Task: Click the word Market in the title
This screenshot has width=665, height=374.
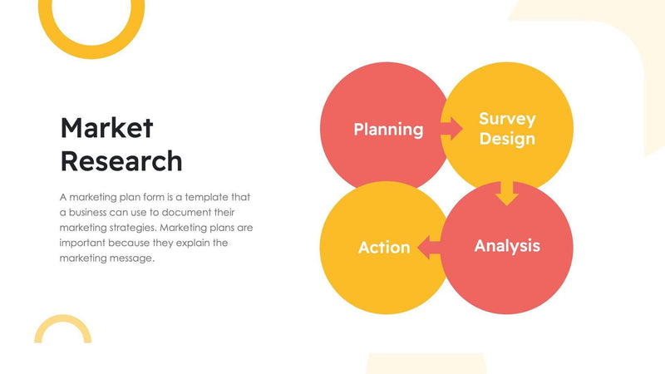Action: (x=106, y=128)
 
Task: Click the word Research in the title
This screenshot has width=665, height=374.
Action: (x=121, y=160)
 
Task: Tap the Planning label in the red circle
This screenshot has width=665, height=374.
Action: (x=388, y=130)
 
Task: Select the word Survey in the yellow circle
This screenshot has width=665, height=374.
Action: (x=507, y=119)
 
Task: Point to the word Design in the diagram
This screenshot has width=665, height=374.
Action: (x=507, y=139)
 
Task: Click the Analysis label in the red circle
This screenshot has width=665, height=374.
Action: (x=507, y=246)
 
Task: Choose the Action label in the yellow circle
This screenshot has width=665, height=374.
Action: (x=384, y=248)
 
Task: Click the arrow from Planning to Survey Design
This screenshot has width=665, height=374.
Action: (x=451, y=129)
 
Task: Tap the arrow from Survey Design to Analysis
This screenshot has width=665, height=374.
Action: (x=506, y=193)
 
